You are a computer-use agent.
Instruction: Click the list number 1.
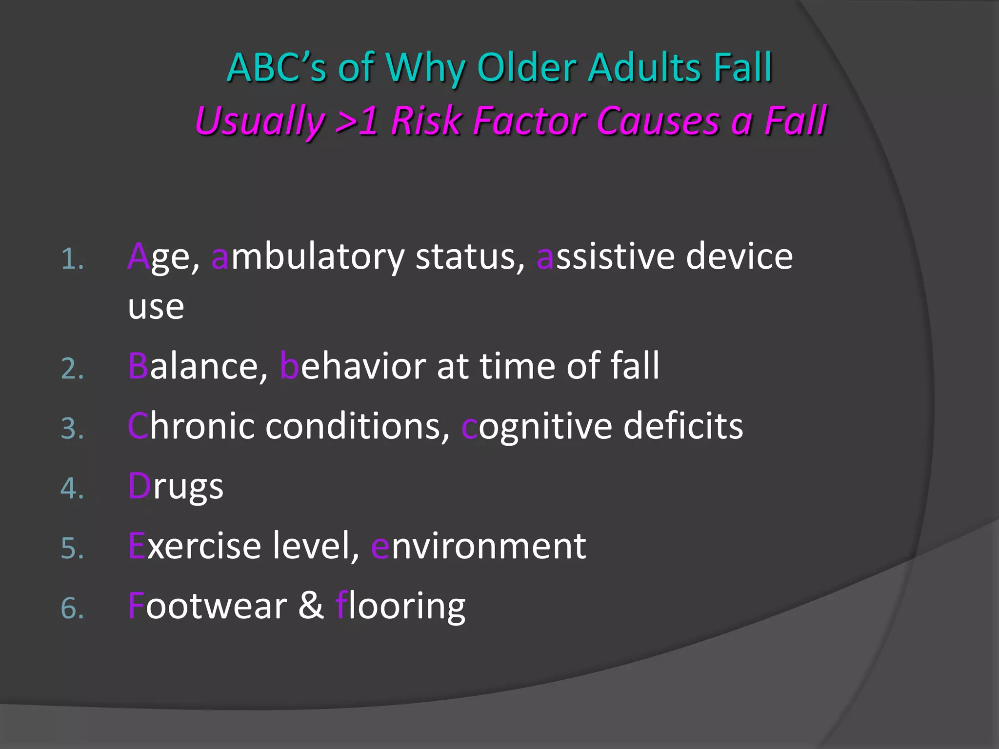(x=72, y=259)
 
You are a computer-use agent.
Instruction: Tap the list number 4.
(x=72, y=488)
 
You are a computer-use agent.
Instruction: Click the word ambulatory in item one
(x=308, y=257)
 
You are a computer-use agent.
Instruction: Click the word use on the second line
(x=156, y=307)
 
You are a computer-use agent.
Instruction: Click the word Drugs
(x=176, y=487)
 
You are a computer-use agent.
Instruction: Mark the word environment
(x=478, y=546)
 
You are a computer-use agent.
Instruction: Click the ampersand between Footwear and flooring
(x=311, y=606)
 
